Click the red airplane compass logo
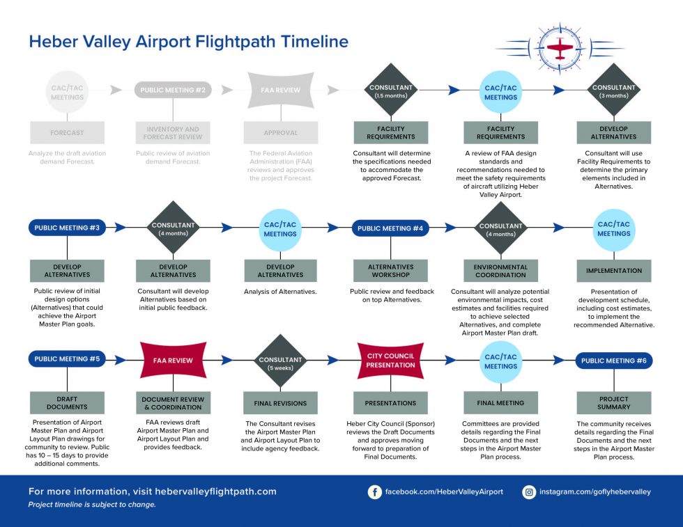coord(560,49)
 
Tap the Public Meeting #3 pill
coord(67,228)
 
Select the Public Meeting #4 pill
coord(390,228)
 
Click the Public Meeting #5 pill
coord(67,359)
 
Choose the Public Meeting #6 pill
coord(613,361)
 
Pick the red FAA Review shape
coord(173,361)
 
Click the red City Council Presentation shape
coord(390,361)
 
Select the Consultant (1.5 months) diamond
coord(390,91)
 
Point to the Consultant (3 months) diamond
coord(613,91)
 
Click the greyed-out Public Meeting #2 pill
coord(173,90)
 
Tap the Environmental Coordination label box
coord(501,271)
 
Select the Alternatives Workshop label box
coord(390,271)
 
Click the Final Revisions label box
coord(280,402)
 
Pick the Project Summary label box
coord(613,402)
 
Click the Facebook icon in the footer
coord(375,491)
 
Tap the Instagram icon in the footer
coord(529,491)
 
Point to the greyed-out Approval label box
coord(280,132)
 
